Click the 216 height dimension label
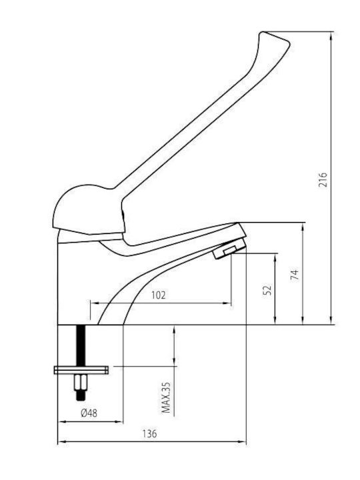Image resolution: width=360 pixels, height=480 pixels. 323,180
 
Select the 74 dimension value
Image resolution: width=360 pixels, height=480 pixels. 295,275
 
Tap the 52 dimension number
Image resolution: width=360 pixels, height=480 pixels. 267,290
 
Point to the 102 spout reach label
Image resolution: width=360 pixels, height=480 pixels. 159,295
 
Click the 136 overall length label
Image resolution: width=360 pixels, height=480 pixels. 149,434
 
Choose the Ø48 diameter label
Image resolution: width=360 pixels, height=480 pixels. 89,413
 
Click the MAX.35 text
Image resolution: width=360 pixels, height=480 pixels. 166,398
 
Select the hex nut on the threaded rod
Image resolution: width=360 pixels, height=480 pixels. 81,383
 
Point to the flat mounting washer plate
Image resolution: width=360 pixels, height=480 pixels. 81,370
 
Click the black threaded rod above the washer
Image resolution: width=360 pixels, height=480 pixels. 81,345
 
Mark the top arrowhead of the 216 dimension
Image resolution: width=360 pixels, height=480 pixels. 331,36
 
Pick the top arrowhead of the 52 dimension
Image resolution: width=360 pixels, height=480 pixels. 275,257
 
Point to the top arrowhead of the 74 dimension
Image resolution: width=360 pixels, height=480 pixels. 303,227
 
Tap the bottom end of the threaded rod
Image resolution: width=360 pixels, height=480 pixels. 81,399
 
